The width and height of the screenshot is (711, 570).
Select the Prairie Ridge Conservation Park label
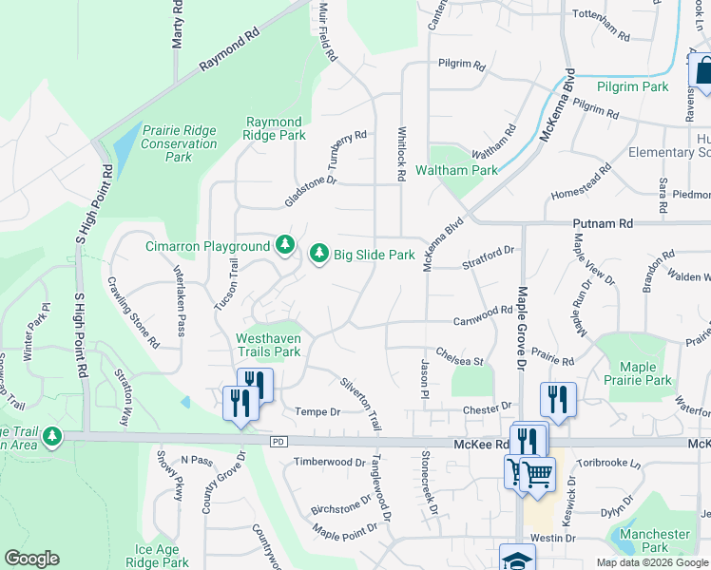point(179,143)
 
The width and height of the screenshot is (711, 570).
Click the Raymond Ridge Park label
point(275,128)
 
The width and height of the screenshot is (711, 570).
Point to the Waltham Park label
point(456,170)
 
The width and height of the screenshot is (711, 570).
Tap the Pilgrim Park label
point(633,86)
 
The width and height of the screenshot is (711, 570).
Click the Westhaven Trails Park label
point(268,345)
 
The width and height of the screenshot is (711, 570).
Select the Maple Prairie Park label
point(644,373)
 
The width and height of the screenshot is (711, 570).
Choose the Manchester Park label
point(654,541)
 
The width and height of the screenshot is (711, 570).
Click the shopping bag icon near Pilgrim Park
point(702,71)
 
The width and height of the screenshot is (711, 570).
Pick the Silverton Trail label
point(361,403)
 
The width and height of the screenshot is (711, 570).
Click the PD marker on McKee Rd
point(279,442)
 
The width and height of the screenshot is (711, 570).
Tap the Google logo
point(31,559)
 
